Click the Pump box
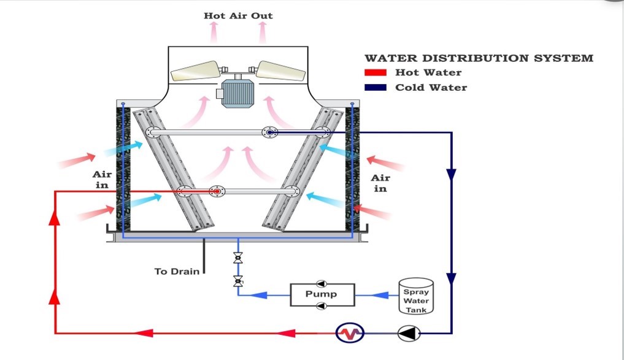(x=322, y=294)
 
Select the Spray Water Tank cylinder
(x=415, y=296)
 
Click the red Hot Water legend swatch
(x=376, y=72)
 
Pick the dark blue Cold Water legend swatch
(x=376, y=87)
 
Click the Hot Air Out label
(x=238, y=15)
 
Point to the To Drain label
(x=177, y=271)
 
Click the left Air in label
(x=102, y=180)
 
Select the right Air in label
(x=380, y=183)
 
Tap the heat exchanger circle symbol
(x=350, y=334)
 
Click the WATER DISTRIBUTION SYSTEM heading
(x=479, y=58)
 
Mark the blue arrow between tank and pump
(x=381, y=295)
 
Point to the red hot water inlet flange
(x=215, y=191)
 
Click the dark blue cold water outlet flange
(x=269, y=132)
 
